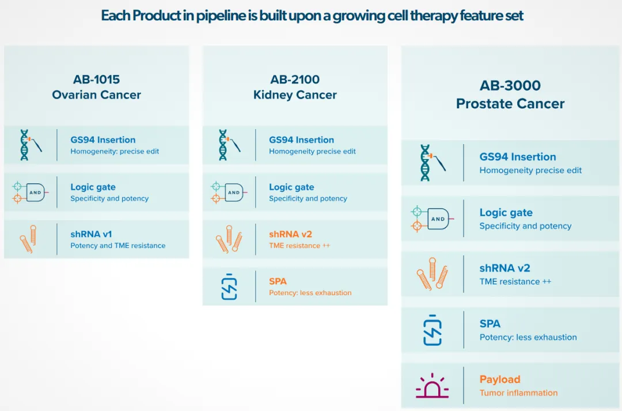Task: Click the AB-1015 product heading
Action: (x=96, y=80)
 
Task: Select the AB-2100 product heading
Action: (x=295, y=80)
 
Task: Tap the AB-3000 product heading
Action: (x=510, y=85)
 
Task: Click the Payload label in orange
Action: (x=500, y=379)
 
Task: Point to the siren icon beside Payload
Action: (x=432, y=386)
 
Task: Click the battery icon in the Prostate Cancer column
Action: (x=433, y=330)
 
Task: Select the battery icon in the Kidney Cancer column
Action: (x=229, y=286)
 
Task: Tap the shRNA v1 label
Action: (x=91, y=234)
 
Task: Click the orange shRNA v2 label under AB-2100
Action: (x=290, y=234)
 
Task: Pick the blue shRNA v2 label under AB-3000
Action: (x=505, y=268)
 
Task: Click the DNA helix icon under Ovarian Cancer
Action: (x=31, y=145)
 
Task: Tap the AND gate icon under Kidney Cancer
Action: (x=229, y=192)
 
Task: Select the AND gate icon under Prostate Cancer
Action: (x=433, y=218)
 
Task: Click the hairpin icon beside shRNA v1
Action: (x=28, y=239)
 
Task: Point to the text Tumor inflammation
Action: (x=518, y=393)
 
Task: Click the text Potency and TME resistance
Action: (x=118, y=246)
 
